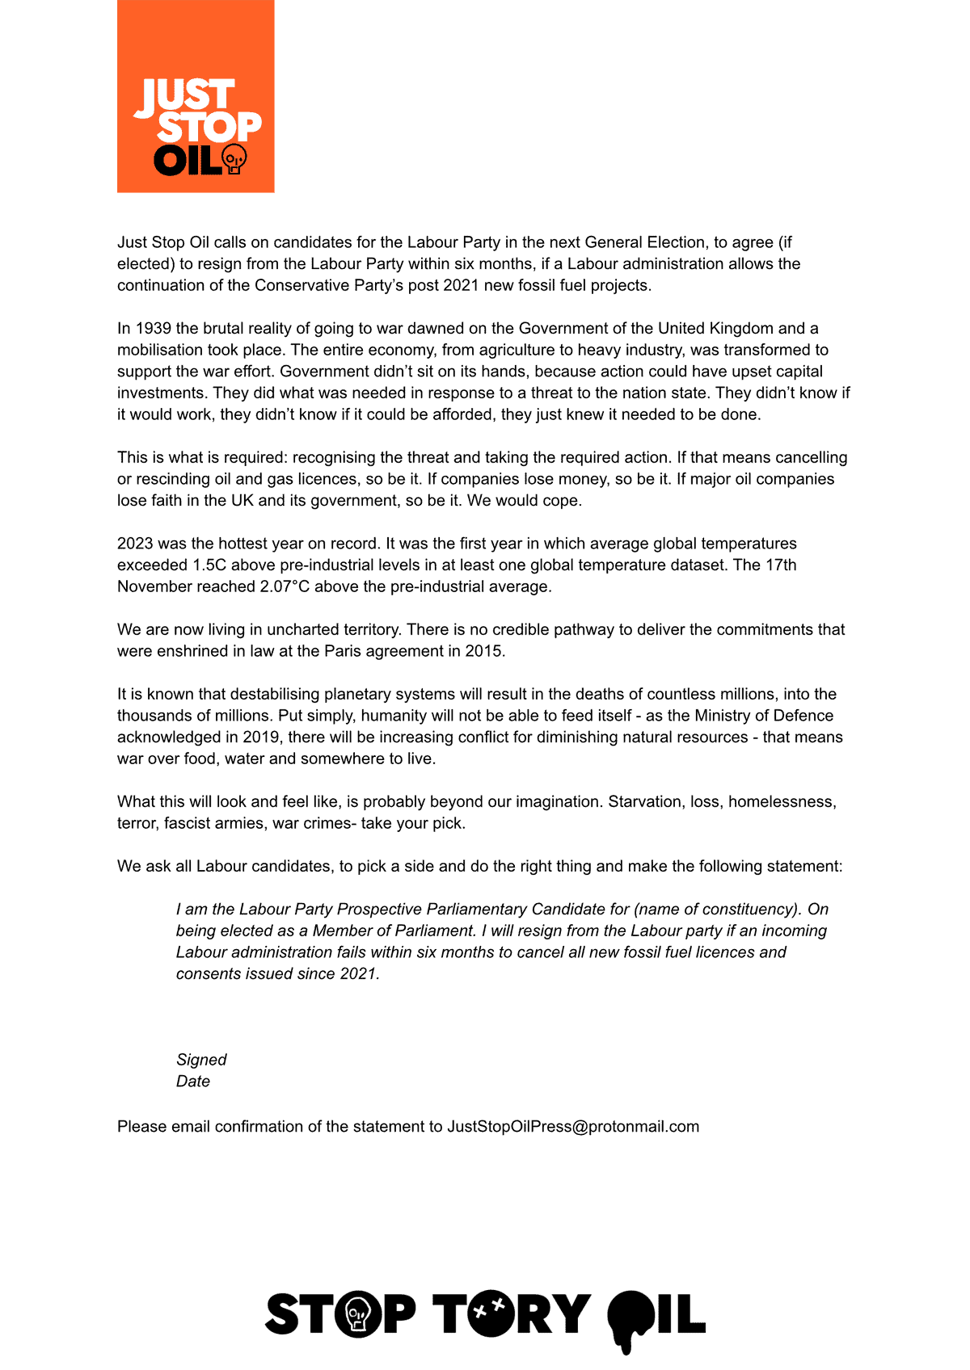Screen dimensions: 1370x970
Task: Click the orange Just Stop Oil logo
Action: (x=196, y=96)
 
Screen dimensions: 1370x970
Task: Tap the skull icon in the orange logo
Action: (x=234, y=159)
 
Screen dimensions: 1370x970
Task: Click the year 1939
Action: (x=153, y=329)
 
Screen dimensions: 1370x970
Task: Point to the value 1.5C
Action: (x=209, y=565)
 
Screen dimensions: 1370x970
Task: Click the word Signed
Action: (x=201, y=1060)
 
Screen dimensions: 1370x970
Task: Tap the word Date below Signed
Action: (x=193, y=1082)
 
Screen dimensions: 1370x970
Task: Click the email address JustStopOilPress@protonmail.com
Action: (x=573, y=1127)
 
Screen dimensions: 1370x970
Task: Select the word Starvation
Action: (x=644, y=802)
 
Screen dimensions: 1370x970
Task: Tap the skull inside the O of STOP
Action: (x=357, y=1314)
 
